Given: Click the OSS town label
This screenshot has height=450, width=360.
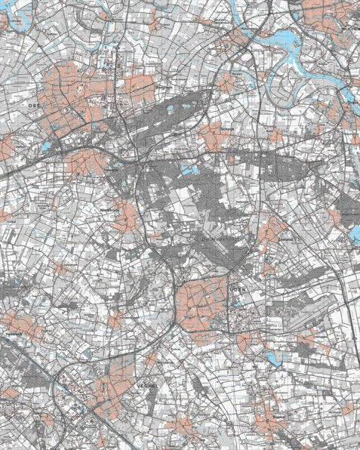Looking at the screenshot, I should (32, 107).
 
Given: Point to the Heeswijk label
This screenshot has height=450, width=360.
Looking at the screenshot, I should (14, 333).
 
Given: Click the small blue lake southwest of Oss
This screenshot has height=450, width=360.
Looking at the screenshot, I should (45, 146).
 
